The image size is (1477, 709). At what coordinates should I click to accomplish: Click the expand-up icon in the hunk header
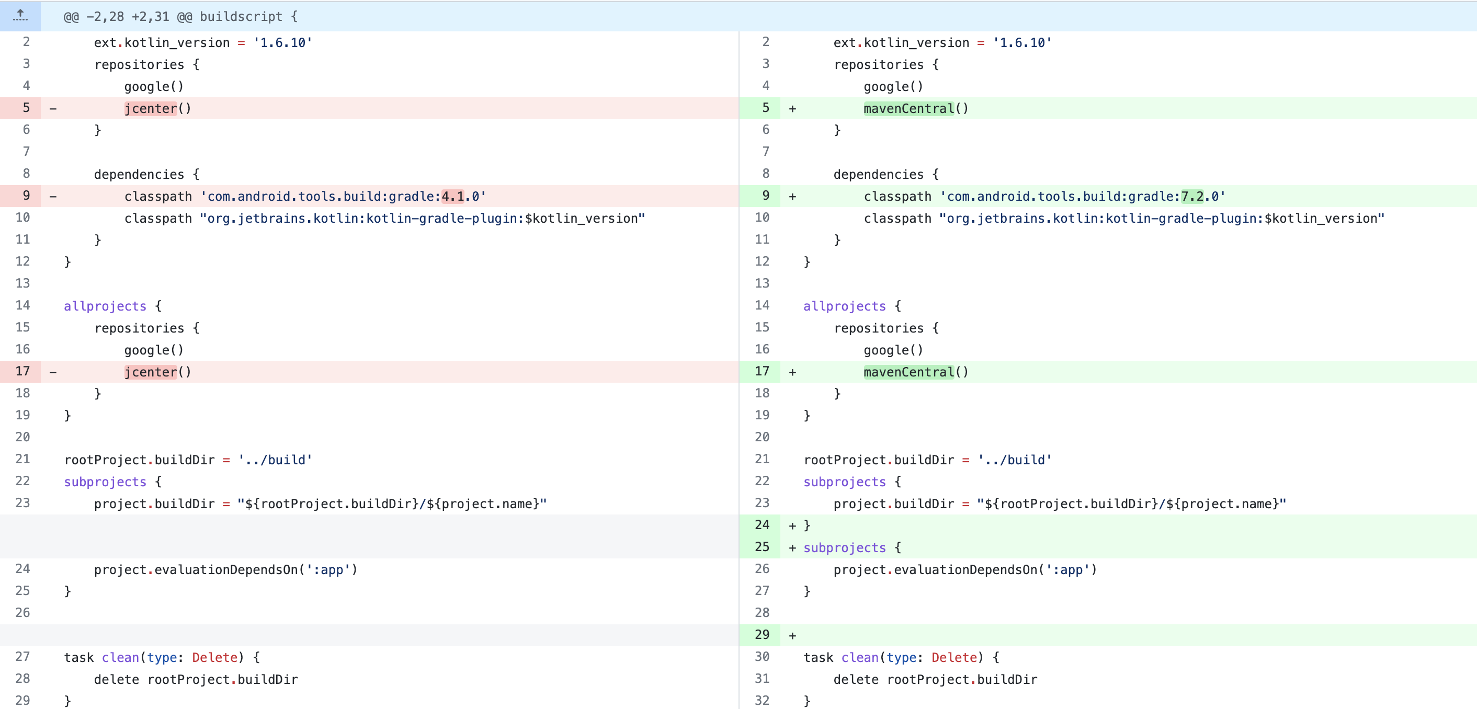click(x=20, y=16)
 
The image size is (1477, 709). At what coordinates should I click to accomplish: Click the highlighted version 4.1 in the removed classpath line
click(x=452, y=197)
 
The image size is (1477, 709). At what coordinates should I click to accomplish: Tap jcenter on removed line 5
click(x=151, y=108)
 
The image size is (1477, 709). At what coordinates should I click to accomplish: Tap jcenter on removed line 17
click(x=151, y=372)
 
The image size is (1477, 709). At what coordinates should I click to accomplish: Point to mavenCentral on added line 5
click(x=909, y=108)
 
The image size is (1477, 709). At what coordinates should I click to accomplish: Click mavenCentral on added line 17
click(x=909, y=372)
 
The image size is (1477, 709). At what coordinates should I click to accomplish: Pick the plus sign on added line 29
click(x=792, y=636)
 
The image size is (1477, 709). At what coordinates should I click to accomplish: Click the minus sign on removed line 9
click(x=53, y=197)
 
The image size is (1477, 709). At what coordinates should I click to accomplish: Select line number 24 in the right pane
click(x=762, y=525)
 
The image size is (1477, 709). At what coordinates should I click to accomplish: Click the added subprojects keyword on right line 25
click(x=845, y=548)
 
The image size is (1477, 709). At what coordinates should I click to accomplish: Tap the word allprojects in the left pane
click(x=105, y=306)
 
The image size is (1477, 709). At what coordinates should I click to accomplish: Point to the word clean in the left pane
click(x=120, y=657)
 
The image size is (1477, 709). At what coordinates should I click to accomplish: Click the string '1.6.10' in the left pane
click(x=282, y=43)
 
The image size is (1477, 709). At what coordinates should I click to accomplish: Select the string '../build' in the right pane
click(x=1014, y=460)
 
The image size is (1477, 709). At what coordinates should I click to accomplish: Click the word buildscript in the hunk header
click(x=241, y=17)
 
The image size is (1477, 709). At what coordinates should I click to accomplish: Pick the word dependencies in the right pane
click(x=878, y=174)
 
